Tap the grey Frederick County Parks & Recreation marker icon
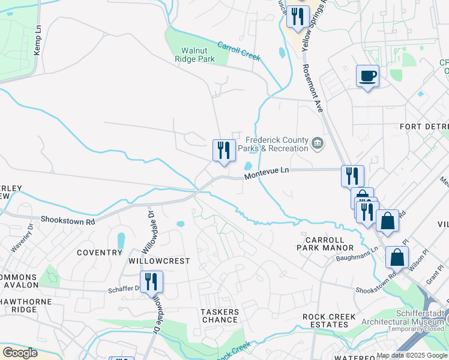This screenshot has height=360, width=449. click(318, 144)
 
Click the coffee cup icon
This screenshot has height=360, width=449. click(367, 76)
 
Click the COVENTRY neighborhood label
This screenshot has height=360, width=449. click(100, 253)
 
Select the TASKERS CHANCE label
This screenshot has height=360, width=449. click(219, 316)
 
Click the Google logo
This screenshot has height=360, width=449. click(20, 352)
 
